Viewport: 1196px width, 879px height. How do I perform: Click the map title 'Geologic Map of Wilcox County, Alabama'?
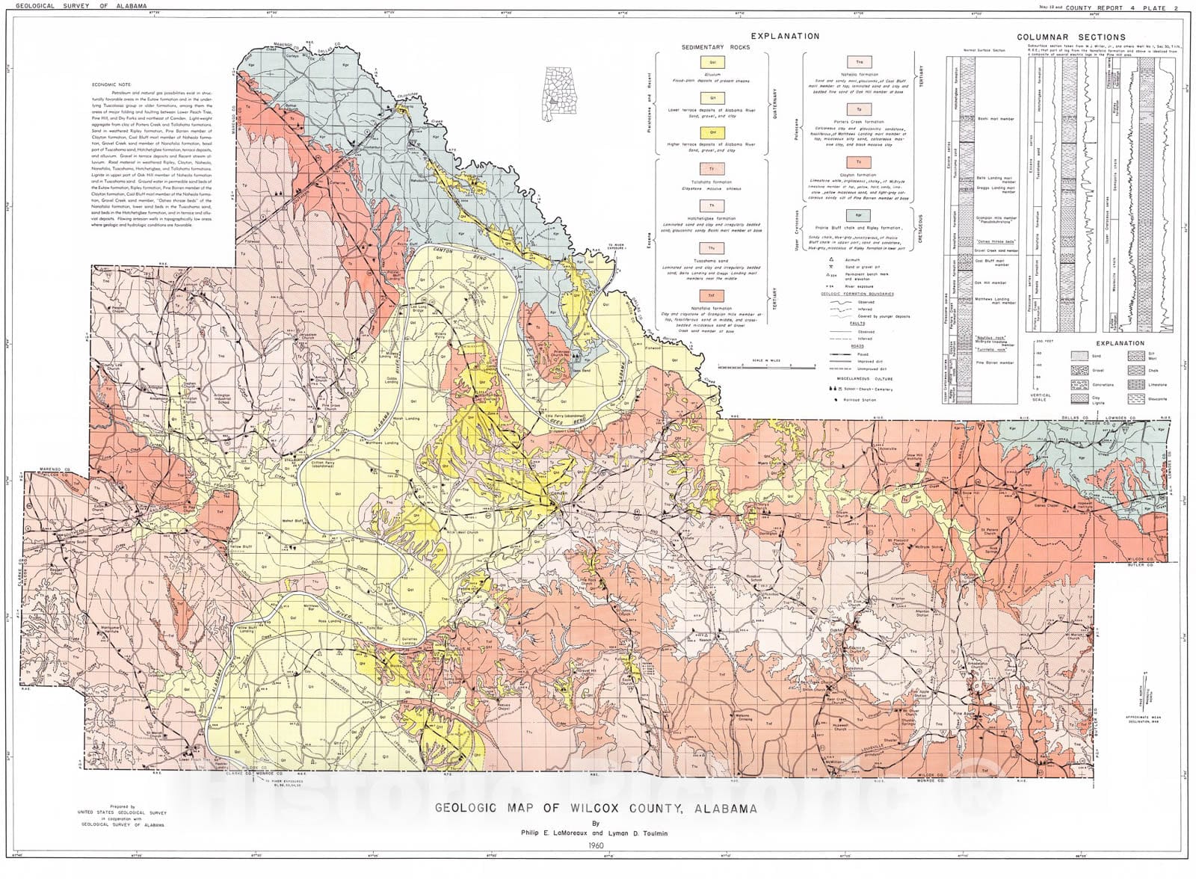click(x=596, y=808)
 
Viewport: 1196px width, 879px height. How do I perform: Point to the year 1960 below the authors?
click(x=596, y=845)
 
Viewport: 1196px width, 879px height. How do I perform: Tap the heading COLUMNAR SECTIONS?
click(x=1070, y=37)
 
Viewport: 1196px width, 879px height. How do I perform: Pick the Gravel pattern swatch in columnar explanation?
click(x=1079, y=371)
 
